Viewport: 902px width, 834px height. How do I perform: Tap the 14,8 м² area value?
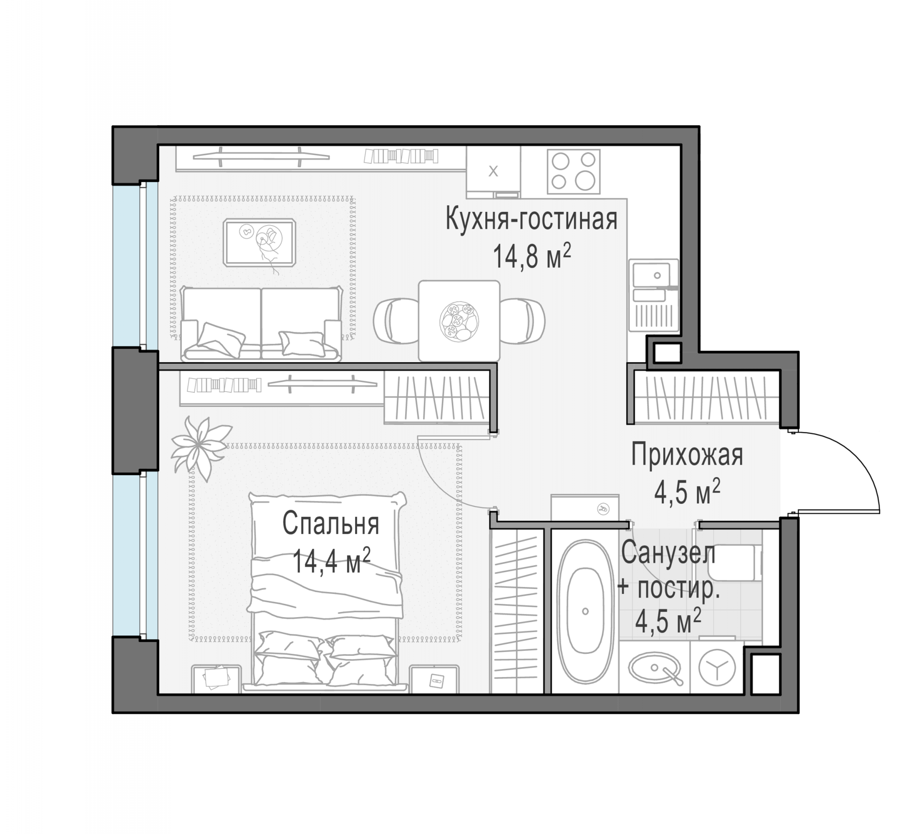click(532, 256)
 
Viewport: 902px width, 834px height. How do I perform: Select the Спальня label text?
click(330, 523)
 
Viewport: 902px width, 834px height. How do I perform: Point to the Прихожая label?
click(687, 455)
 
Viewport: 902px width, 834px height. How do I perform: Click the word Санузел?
click(668, 553)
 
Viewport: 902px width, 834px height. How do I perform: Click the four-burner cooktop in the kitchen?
click(573, 172)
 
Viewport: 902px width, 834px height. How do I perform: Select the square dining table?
click(459, 321)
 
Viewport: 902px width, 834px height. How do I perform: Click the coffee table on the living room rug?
click(260, 242)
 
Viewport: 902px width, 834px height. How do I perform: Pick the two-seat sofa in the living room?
click(261, 324)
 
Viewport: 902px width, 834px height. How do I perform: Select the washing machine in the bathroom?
click(716, 668)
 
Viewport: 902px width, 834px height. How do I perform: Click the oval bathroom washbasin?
click(654, 667)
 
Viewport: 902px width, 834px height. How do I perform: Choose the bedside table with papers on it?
click(216, 679)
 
